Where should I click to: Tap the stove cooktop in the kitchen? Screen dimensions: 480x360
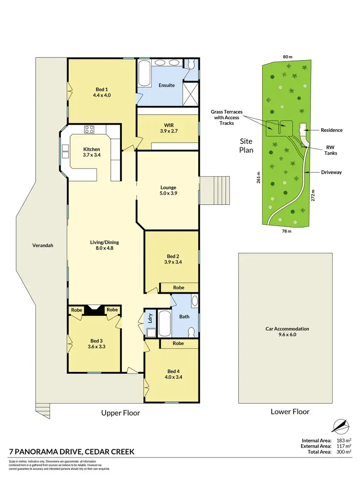pyautogui.click(x=89, y=129)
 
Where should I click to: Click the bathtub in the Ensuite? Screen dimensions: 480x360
pyautogui.click(x=144, y=73)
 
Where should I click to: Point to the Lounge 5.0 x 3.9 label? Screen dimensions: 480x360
pyautogui.click(x=168, y=191)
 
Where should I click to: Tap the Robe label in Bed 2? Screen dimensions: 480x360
pyautogui.click(x=178, y=287)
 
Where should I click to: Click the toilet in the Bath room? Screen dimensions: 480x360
pyautogui.click(x=192, y=332)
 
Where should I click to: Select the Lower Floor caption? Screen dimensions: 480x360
pyautogui.click(x=290, y=411)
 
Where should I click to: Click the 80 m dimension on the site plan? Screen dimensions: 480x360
pyautogui.click(x=288, y=57)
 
